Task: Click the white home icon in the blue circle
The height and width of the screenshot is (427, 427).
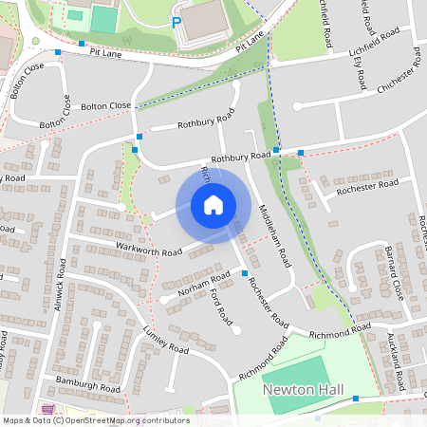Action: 213,204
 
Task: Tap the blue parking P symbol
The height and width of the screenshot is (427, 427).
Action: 176,21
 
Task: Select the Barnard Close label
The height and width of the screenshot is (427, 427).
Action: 396,272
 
